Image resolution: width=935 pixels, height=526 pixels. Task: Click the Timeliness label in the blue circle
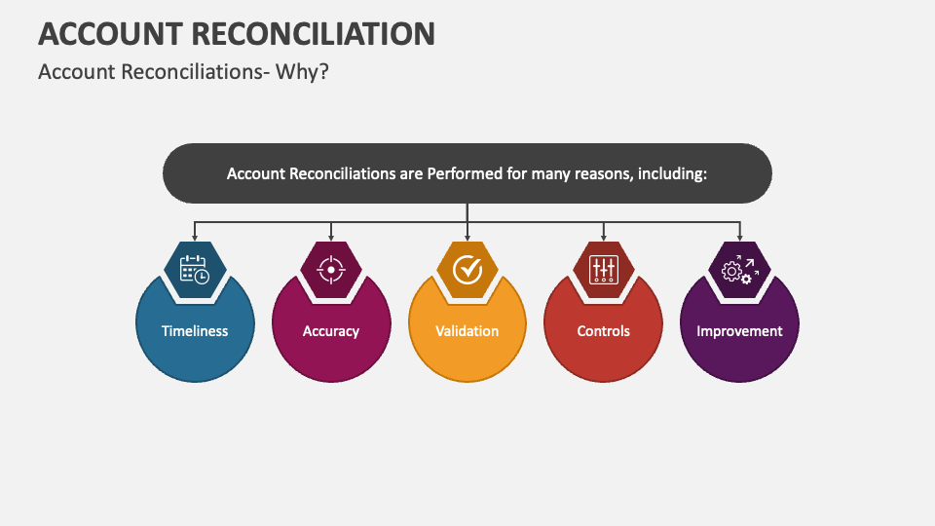[x=195, y=331]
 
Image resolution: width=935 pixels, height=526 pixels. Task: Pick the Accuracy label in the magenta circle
[x=331, y=331]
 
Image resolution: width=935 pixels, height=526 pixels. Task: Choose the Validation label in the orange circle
[x=467, y=331]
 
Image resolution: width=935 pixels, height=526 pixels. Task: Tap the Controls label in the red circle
[x=604, y=331]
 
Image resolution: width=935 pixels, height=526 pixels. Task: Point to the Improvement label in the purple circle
[x=739, y=331]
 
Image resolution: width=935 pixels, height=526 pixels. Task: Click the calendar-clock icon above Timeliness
[x=195, y=269]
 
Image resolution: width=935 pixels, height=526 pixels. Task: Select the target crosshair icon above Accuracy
[x=331, y=269]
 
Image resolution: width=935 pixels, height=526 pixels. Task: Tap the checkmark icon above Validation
[x=467, y=269]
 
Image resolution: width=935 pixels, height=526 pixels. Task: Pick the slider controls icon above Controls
[x=604, y=269]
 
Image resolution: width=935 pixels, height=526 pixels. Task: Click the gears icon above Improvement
[x=739, y=269]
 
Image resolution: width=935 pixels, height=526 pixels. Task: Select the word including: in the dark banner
[x=671, y=174]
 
